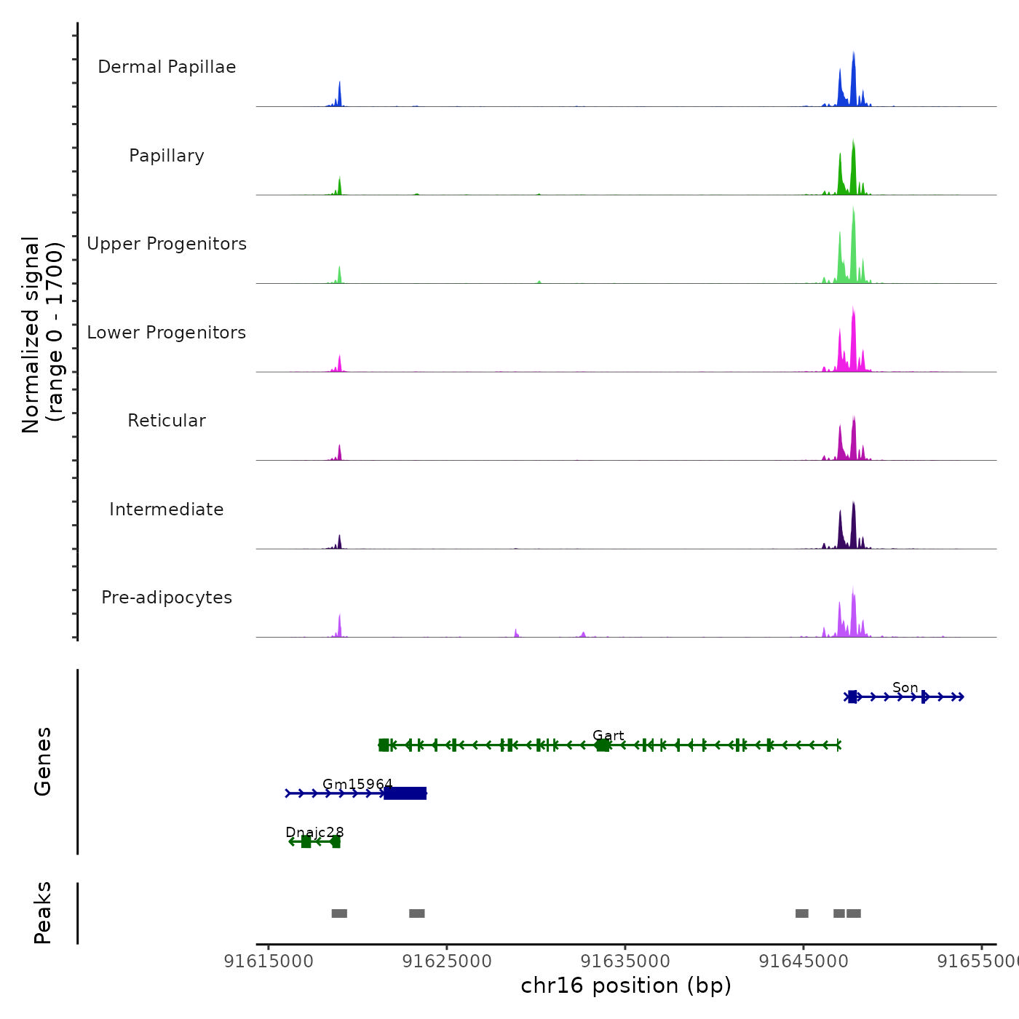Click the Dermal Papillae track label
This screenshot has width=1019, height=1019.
point(167,67)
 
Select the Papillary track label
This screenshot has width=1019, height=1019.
point(167,156)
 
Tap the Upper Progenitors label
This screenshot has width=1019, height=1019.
point(167,244)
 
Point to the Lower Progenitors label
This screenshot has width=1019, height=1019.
point(167,333)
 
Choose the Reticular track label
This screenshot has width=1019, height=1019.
point(167,421)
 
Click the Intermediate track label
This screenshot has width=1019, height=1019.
point(167,509)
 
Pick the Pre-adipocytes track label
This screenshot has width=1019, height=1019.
point(167,598)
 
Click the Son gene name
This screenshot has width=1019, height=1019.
point(905,688)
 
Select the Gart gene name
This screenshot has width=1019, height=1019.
point(608,736)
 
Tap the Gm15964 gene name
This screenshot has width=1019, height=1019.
point(357,784)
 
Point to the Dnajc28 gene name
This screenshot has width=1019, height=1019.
point(314,832)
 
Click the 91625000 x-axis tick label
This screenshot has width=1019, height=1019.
point(447,961)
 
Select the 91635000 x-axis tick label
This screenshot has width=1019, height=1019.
point(625,961)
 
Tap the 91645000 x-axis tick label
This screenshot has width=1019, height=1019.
point(804,961)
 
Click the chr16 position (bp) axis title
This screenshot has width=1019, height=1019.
point(626,986)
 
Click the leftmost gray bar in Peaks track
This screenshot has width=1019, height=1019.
point(339,913)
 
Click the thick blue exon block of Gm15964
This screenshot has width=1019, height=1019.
point(405,793)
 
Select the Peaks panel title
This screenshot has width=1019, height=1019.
point(43,913)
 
